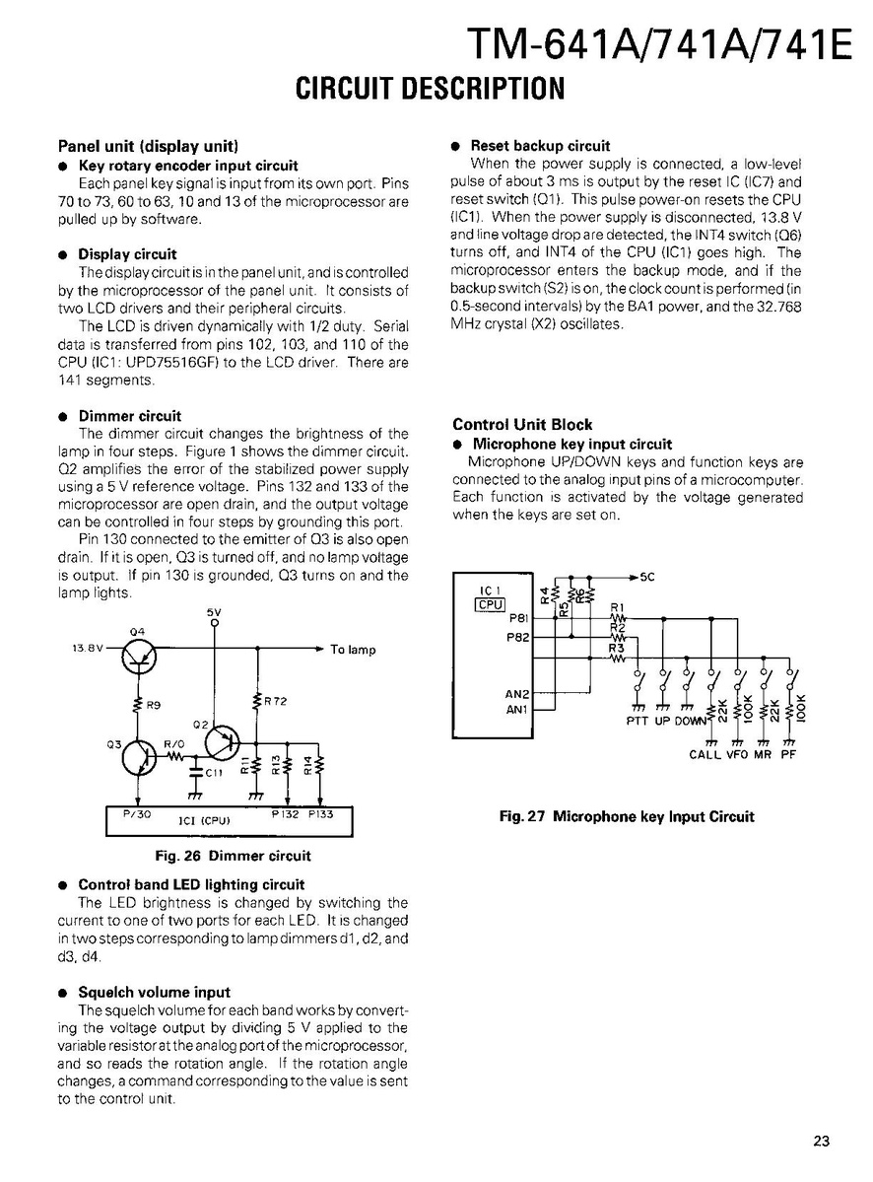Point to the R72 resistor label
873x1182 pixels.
pos(275,701)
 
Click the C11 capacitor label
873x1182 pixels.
pos(211,772)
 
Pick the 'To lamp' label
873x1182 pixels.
pos(353,650)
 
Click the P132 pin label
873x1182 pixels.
pos(285,814)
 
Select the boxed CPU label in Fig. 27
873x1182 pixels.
pos(491,604)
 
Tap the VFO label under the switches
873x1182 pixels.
pos(737,755)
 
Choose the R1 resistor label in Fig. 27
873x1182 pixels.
pos(619,607)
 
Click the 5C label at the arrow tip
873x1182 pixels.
pos(648,576)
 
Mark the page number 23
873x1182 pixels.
pos(822,1142)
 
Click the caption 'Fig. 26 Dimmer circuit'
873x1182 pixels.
pos(240,856)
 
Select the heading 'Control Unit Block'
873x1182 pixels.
pos(522,425)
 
